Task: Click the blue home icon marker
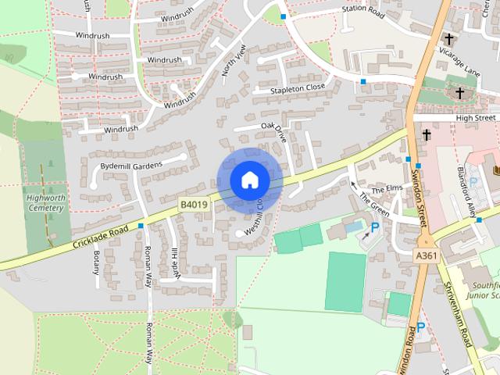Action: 249,180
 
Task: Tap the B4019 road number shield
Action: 194,205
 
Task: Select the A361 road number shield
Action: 427,255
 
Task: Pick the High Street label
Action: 476,117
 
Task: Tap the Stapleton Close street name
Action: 298,89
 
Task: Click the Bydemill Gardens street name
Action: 130,165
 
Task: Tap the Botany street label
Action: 97,262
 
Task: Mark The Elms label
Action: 385,190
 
